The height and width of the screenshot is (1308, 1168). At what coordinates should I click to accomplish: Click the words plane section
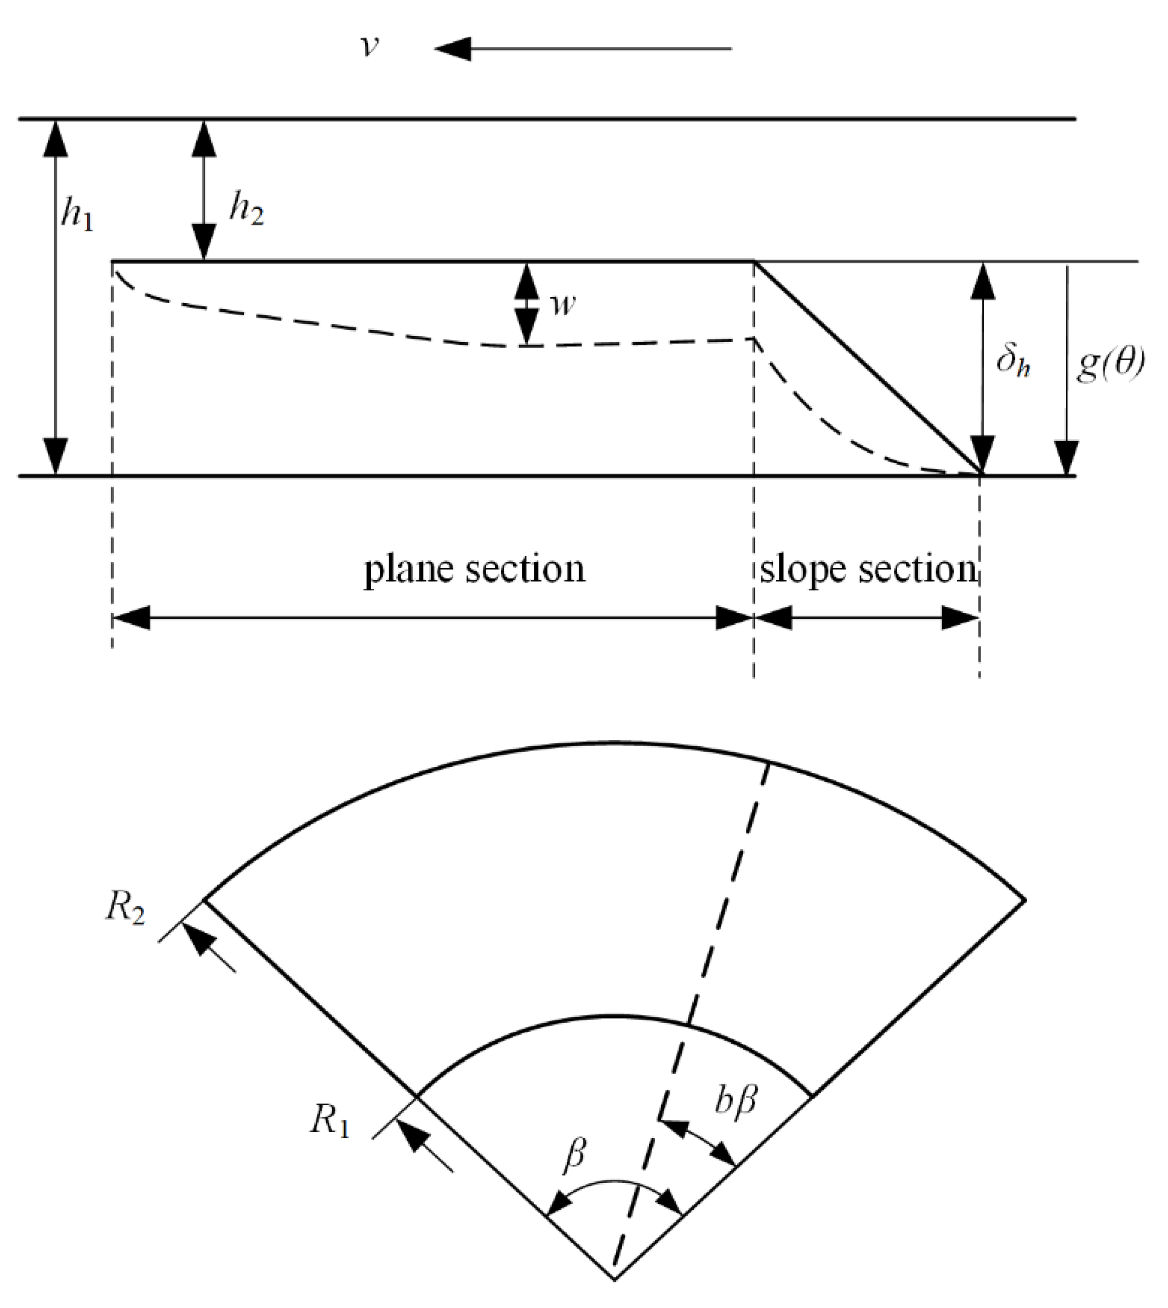pos(475,568)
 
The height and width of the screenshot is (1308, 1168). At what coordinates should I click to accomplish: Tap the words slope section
pos(868,568)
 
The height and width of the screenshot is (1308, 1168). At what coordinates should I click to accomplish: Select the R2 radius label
pos(126,909)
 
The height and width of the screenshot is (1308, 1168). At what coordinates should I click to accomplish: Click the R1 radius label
pos(330,1121)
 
